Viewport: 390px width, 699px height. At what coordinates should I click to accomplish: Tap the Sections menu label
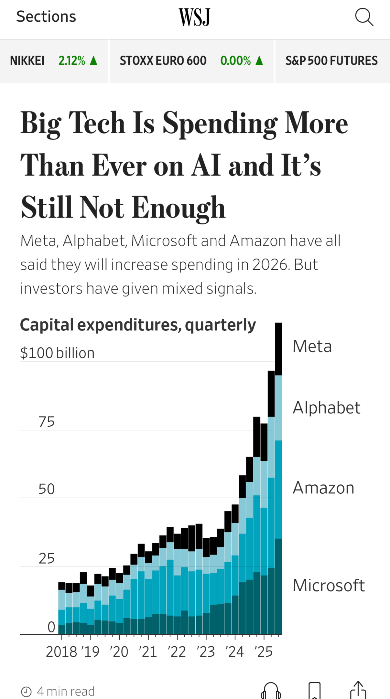46,17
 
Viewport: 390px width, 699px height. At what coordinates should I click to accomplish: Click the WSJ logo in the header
195,17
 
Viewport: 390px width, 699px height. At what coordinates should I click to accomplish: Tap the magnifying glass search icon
364,17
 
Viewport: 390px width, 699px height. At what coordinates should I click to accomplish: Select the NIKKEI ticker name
27,61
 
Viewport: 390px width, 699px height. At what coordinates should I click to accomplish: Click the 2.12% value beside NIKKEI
72,61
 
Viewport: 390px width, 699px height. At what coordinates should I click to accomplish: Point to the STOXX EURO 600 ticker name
163,61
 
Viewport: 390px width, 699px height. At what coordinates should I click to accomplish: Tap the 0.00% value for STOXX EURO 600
235,61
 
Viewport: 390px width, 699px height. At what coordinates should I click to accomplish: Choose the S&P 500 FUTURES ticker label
331,61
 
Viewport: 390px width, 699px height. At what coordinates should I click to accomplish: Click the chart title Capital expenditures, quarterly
138,325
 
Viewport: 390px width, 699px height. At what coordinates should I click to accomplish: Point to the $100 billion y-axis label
57,353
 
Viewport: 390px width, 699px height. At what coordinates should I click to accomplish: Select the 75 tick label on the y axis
47,422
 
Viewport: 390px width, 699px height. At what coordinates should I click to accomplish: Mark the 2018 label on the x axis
61,652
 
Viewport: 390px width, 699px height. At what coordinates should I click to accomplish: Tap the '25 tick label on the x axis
264,652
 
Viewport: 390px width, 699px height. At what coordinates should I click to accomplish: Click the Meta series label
312,346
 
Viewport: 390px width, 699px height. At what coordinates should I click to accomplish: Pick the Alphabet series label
326,407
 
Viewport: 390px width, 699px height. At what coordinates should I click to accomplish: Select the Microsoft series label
329,585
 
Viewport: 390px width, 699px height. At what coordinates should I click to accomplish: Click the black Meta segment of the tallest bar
278,349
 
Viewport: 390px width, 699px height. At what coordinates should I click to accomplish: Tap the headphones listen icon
271,691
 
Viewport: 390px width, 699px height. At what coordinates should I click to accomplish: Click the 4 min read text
66,691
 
